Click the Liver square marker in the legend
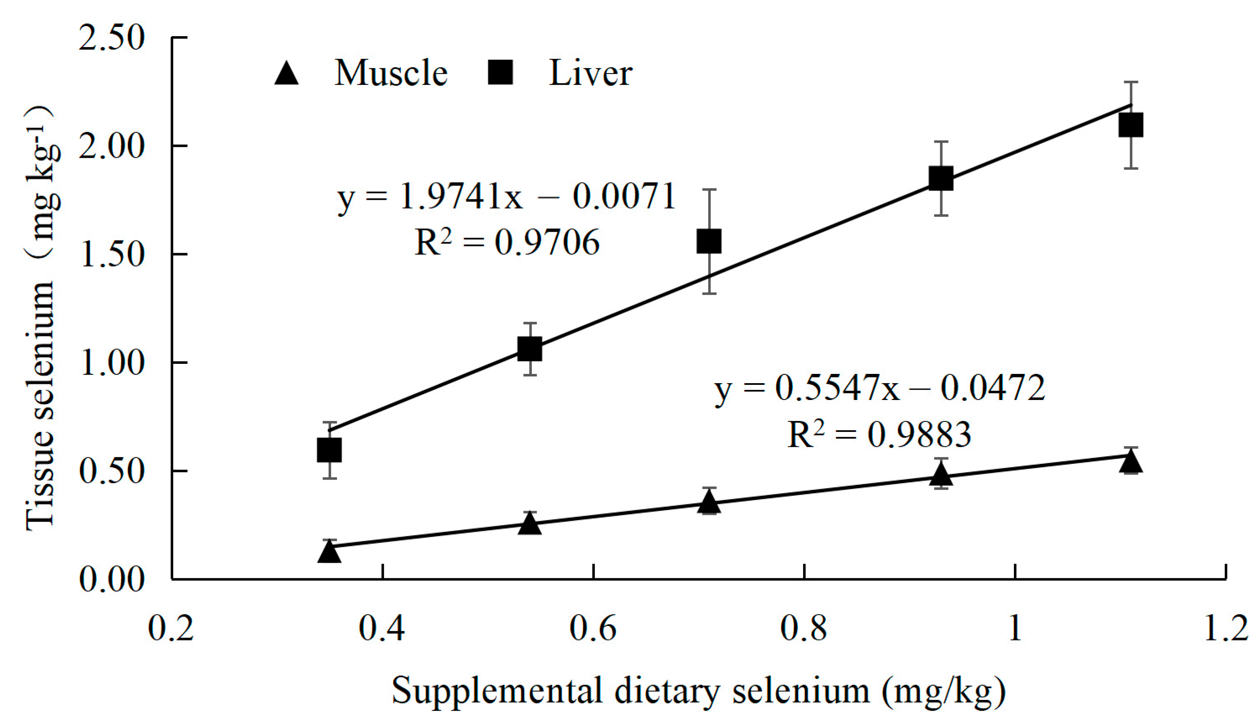pos(500,73)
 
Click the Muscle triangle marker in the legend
pos(286,74)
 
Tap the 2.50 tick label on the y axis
pos(111,38)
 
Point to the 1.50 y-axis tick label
pos(111,255)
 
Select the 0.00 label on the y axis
pos(111,580)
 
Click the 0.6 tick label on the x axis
pos(593,629)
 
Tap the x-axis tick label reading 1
pos(1015,629)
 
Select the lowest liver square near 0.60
pos(329,450)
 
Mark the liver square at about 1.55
pos(709,241)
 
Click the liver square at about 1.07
pos(529,349)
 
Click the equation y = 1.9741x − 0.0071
pos(507,197)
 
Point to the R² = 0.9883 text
pos(879,435)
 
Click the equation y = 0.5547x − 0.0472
pos(879,389)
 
